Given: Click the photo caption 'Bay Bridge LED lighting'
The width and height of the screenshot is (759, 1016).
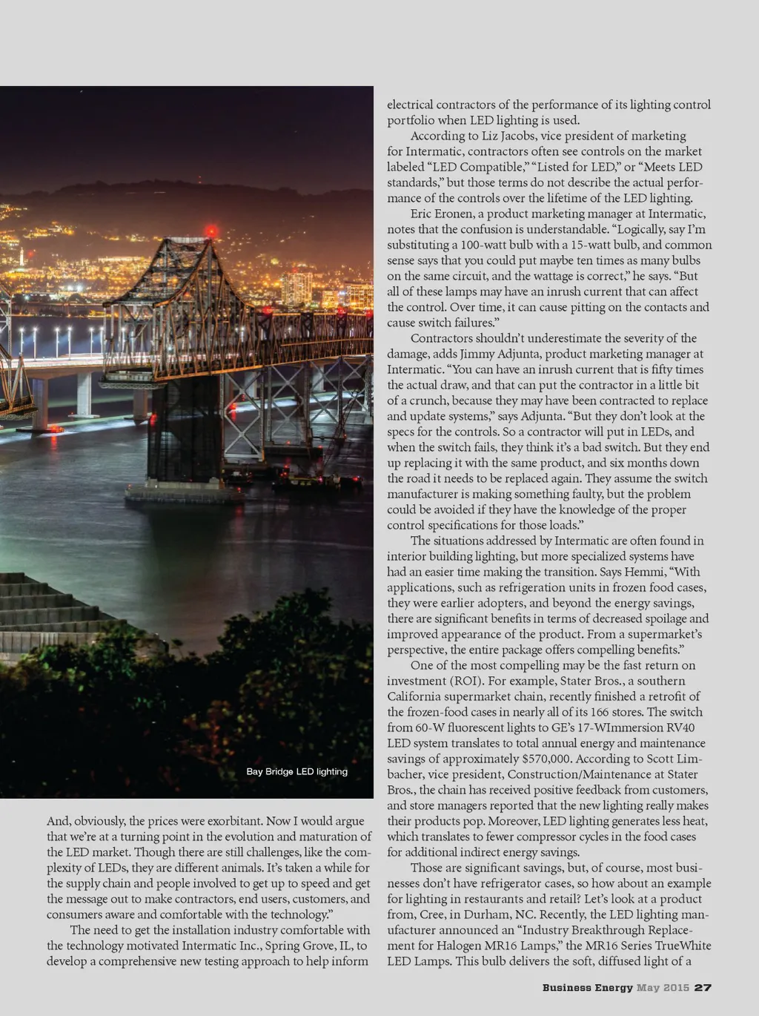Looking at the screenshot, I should coord(296,771).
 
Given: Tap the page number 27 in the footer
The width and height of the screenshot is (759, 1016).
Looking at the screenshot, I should coord(703,987).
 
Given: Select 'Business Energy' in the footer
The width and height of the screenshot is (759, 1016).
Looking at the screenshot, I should coord(587,987).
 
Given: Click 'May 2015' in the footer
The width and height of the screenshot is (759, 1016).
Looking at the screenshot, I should coord(663,987).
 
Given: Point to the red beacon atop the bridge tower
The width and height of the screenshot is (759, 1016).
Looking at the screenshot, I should coord(211,231).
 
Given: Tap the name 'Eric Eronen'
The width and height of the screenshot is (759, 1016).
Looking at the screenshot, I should coord(441,214).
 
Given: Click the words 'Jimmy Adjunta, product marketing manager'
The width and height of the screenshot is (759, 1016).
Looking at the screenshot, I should coord(571,354).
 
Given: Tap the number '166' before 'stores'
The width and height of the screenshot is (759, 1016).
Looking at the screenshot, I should coord(589,712).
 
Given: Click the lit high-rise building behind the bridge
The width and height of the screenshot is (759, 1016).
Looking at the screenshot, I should coord(296,288).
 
